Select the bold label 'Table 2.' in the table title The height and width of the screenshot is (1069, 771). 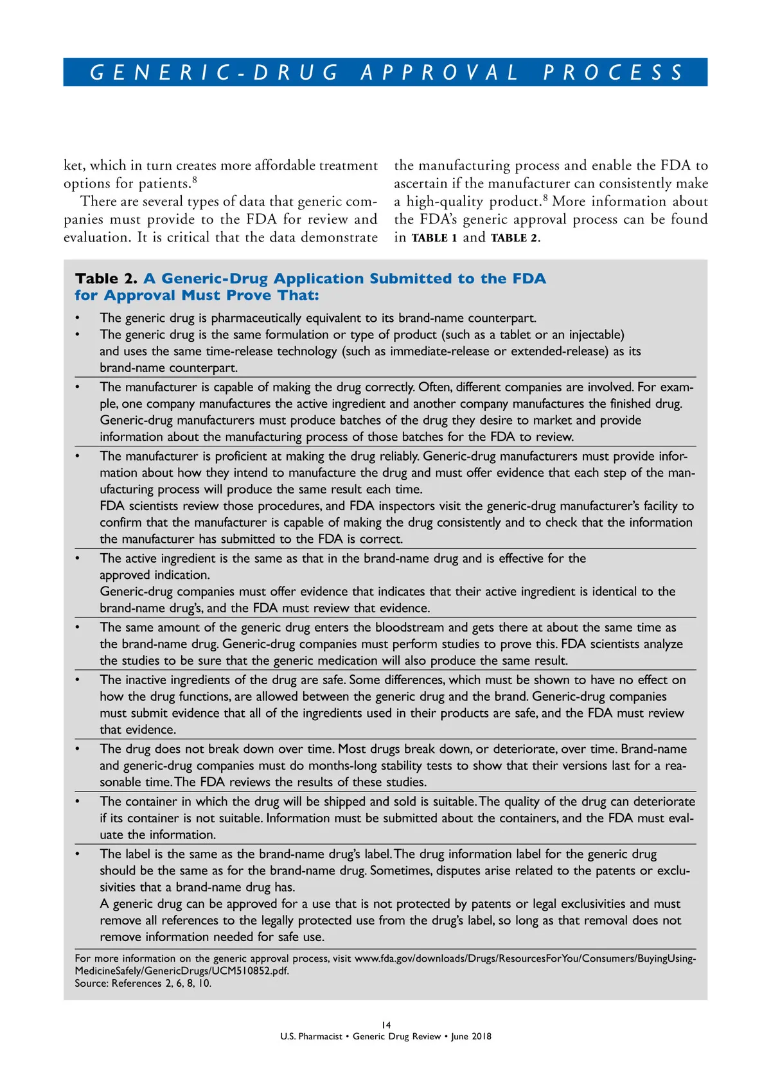click(106, 279)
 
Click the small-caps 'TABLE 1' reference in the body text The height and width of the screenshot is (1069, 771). click(434, 238)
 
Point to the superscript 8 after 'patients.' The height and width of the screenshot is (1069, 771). click(195, 180)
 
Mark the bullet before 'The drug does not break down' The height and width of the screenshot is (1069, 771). click(78, 749)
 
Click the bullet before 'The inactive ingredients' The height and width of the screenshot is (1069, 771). click(78, 680)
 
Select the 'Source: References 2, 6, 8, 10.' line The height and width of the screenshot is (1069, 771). click(143, 983)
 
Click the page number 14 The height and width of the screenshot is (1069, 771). click(385, 1025)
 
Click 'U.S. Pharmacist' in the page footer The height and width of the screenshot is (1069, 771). click(311, 1036)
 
